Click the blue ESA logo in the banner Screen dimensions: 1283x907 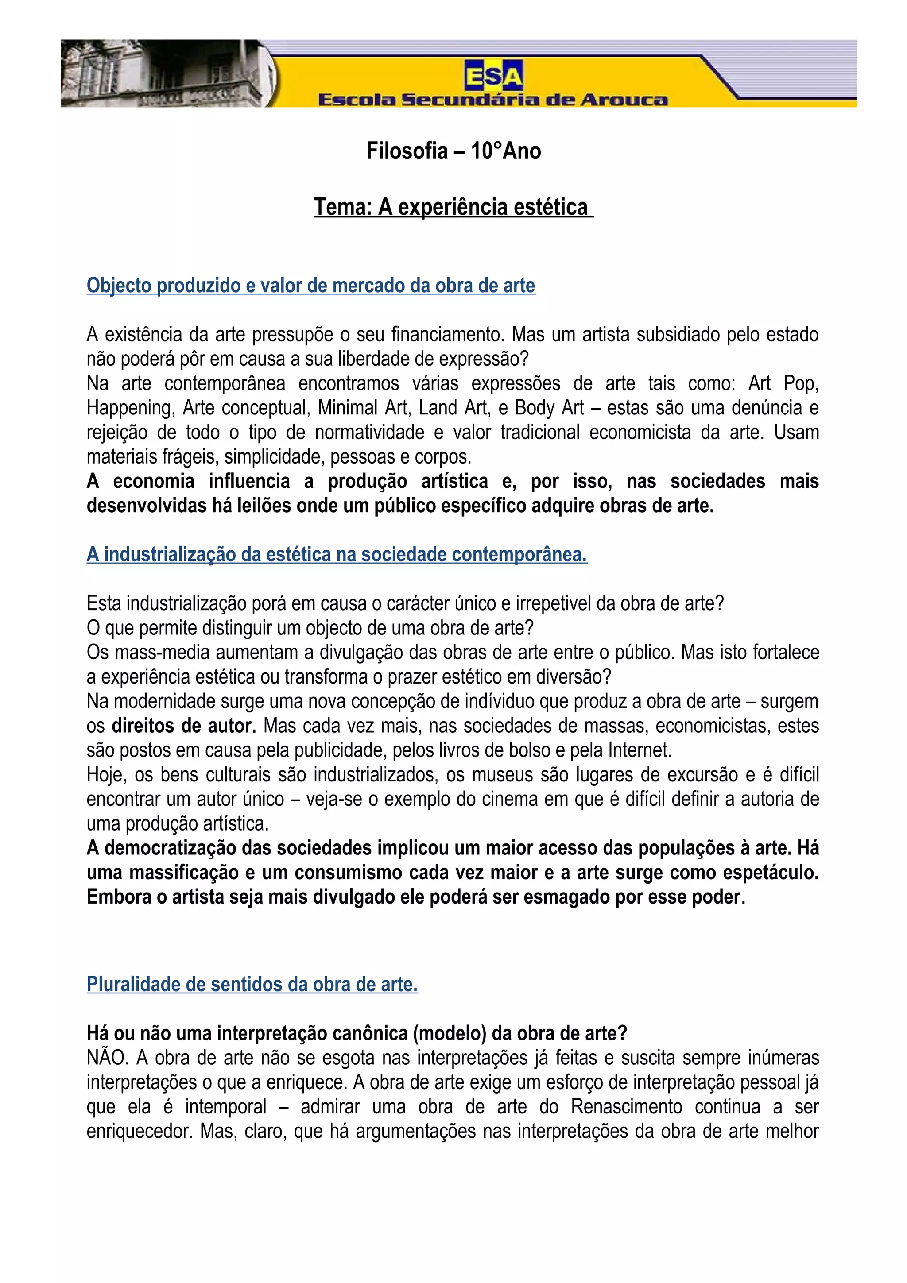493,76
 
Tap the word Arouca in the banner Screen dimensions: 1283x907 623,100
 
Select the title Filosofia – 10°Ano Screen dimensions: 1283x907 453,151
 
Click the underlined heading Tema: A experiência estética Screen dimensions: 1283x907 453,207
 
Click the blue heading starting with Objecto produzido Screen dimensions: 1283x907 311,286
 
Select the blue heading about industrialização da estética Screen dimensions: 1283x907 337,554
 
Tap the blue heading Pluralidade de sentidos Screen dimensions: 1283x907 252,984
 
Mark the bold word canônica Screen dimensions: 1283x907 370,1033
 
